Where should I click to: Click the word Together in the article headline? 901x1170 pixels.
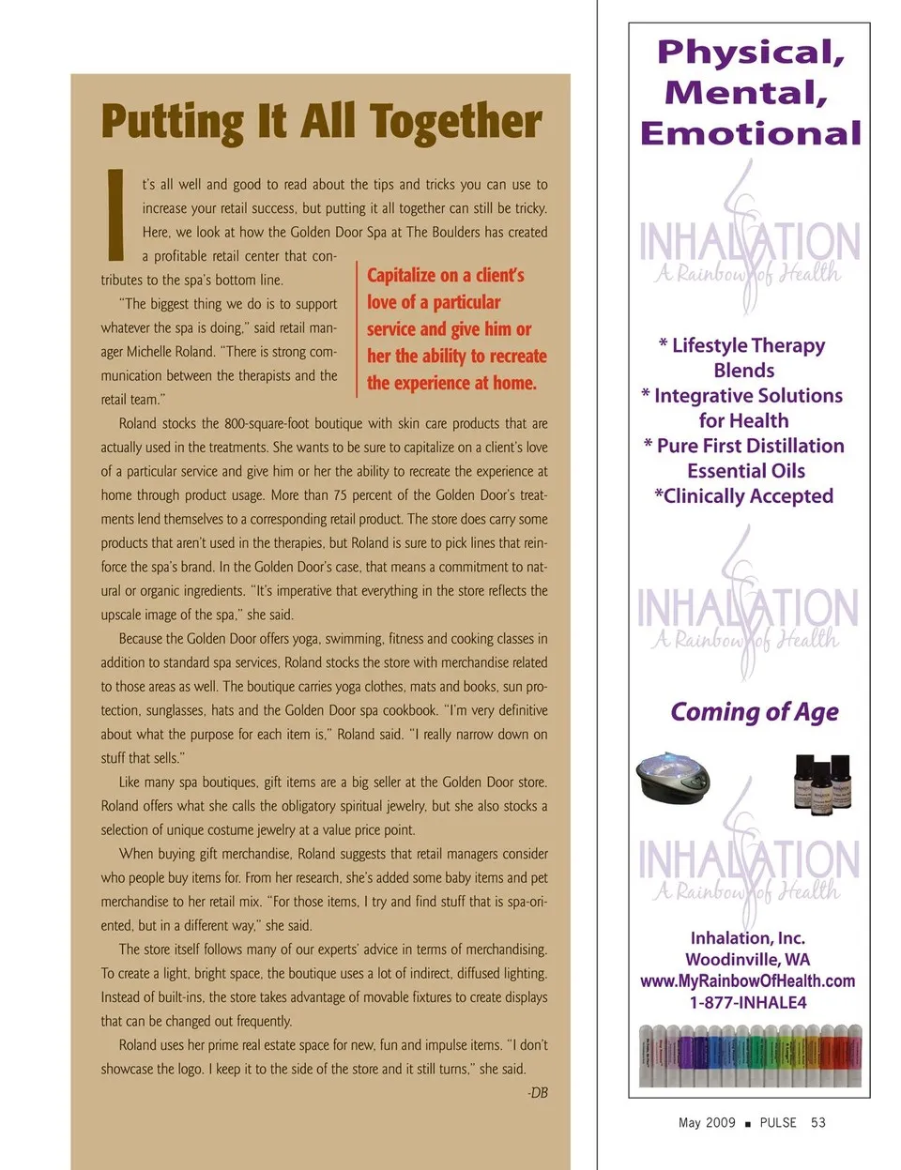click(455, 122)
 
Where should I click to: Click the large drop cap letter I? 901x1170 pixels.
click(115, 215)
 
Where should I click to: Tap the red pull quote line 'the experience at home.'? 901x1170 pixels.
click(451, 383)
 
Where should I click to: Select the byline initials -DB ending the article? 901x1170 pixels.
click(537, 1093)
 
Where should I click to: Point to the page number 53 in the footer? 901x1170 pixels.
click(818, 1122)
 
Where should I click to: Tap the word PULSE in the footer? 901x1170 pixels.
click(778, 1122)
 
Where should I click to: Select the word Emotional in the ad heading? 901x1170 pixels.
click(751, 133)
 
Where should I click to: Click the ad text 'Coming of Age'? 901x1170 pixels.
click(755, 712)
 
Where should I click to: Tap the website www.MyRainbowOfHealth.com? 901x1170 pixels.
click(748, 980)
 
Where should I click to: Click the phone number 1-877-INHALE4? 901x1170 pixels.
click(748, 1002)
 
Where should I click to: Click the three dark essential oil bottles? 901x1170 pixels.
click(822, 781)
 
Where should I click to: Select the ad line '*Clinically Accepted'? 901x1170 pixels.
click(743, 495)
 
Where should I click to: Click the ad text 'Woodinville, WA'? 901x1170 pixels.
click(748, 959)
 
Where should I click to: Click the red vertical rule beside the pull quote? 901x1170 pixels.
click(357, 328)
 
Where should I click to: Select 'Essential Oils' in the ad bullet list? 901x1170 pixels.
click(746, 471)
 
